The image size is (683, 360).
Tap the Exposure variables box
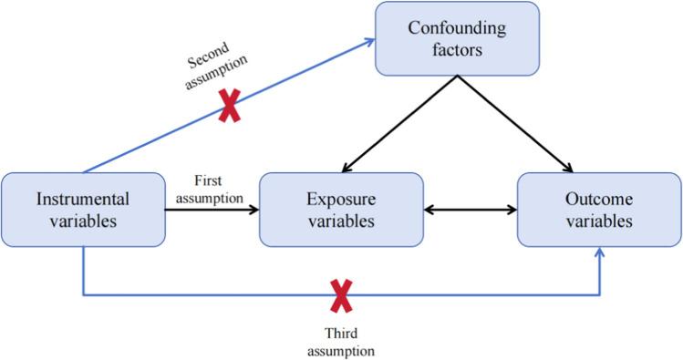pos(341,210)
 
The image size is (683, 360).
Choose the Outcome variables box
pos(599,210)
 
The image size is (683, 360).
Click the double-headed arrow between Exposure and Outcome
pos(471,211)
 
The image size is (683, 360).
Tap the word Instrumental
pos(82,199)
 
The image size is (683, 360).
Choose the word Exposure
pos(341,199)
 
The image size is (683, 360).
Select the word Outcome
pos(599,199)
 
